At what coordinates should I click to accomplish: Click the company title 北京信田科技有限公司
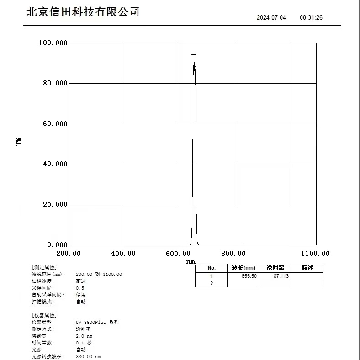(83, 12)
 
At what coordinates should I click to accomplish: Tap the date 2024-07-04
(271, 18)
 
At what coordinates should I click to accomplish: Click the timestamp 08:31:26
(311, 18)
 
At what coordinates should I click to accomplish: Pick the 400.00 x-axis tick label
(123, 254)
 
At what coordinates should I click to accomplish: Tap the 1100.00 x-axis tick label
(315, 254)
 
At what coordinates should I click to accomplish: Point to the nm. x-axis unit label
(191, 262)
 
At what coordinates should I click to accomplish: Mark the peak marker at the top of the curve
(194, 67)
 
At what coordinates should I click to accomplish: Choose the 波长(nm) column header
(243, 268)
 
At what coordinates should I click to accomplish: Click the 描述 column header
(307, 268)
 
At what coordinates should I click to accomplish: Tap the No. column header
(211, 268)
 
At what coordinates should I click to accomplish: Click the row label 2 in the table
(211, 284)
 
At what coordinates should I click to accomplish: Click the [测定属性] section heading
(44, 267)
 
